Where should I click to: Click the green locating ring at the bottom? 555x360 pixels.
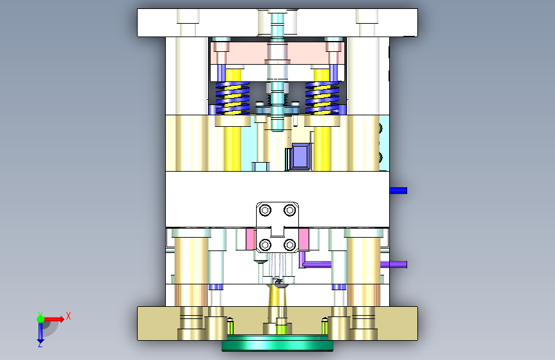tap(277, 344)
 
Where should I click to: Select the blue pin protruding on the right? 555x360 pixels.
tap(398, 191)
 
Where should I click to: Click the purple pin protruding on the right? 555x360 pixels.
tap(394, 265)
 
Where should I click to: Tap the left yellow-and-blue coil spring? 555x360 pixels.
tap(232, 98)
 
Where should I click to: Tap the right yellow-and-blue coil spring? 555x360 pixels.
tap(322, 98)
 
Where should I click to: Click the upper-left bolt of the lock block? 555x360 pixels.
tap(265, 211)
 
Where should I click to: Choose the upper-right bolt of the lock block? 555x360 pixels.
tap(289, 211)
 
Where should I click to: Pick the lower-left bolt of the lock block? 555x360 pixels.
tap(265, 245)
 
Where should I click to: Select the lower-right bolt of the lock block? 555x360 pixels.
tap(289, 245)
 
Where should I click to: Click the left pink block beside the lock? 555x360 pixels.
tap(251, 239)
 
